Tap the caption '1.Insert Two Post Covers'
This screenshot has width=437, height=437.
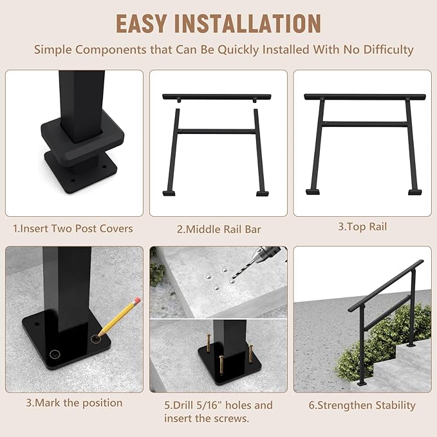tap(73, 228)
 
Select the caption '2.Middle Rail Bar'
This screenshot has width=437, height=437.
tap(218, 228)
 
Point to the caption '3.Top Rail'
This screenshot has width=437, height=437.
tap(363, 226)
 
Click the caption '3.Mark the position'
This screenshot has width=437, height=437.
tap(74, 403)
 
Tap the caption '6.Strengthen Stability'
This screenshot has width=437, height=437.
tap(362, 405)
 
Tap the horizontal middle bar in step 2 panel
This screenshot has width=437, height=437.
tap(218, 131)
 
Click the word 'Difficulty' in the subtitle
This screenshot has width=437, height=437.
tap(384, 50)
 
